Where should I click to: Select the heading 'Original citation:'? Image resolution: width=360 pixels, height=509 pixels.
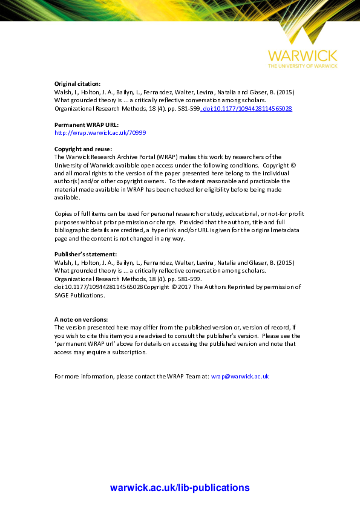78,83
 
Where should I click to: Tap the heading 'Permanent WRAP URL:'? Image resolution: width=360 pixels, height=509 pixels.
82,124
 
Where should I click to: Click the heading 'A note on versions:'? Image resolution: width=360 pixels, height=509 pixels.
81,319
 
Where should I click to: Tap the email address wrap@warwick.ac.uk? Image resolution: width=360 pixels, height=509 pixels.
240,376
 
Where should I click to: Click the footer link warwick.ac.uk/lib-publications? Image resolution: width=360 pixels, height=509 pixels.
180,488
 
